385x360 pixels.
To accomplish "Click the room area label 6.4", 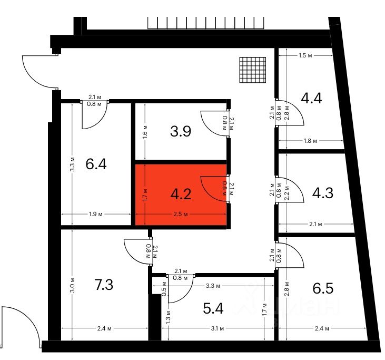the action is click(x=96, y=164).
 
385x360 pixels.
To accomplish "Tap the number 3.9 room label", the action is click(x=180, y=131).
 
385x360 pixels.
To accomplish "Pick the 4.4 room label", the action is click(x=311, y=98).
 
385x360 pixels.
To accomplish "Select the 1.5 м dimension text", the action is click(x=305, y=55).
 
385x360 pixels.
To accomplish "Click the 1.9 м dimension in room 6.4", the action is click(x=95, y=214).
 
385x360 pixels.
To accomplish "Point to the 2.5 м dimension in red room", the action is click(x=181, y=215).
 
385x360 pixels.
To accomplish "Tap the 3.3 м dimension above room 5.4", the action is click(x=212, y=286).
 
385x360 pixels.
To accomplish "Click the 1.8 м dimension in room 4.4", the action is click(x=311, y=141).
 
